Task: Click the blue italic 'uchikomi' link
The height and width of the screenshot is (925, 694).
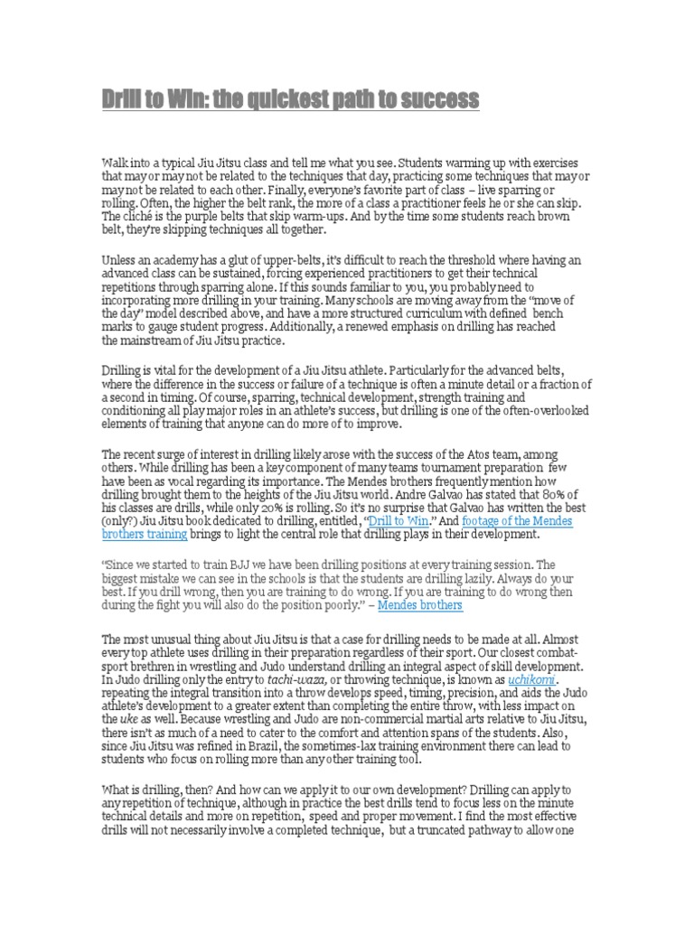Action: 532,677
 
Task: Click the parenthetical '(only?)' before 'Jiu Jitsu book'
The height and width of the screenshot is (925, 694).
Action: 120,521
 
